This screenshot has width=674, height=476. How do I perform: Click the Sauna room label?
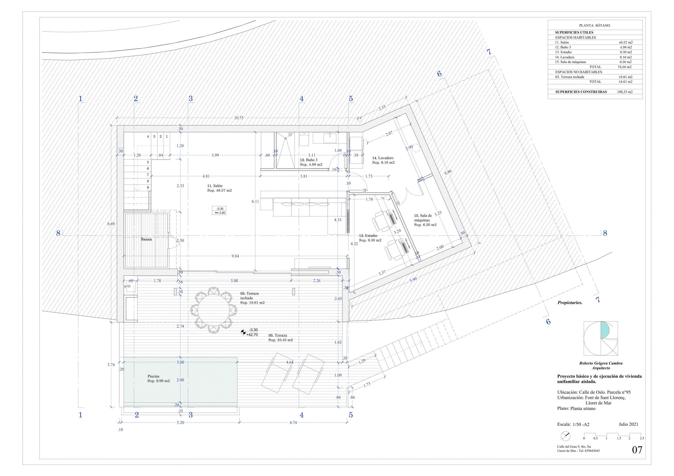tap(146, 239)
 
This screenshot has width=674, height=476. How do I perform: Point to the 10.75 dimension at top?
tap(239, 118)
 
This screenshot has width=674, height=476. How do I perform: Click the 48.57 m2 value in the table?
tap(625, 42)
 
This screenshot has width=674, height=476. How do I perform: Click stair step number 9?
tap(148, 188)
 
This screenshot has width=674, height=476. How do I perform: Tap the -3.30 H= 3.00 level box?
tap(220, 211)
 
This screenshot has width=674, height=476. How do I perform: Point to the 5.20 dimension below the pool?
tap(180, 423)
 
